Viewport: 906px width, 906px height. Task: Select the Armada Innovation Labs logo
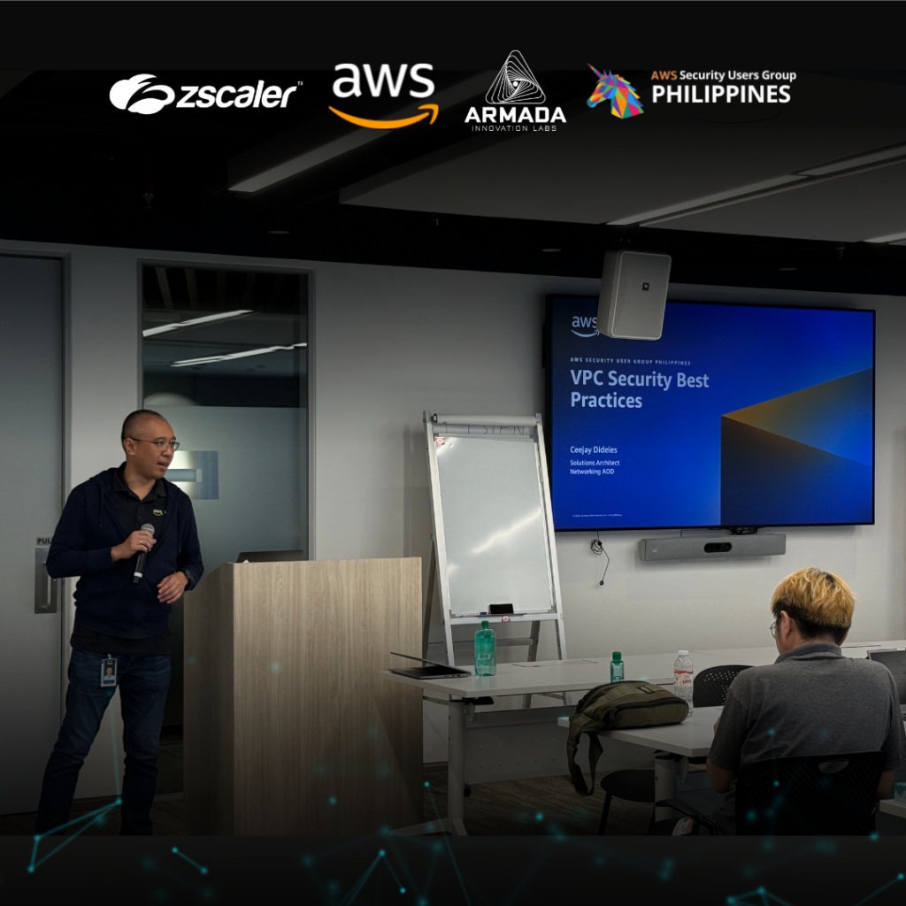point(515,93)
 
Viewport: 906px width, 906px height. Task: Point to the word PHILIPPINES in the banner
point(720,94)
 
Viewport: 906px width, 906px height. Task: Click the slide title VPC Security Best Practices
point(639,390)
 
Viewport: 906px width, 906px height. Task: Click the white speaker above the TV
point(633,294)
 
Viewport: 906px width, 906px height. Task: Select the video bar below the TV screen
point(712,547)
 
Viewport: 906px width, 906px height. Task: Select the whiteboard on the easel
point(494,522)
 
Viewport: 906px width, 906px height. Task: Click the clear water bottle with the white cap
point(683,677)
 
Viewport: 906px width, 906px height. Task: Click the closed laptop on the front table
point(430,672)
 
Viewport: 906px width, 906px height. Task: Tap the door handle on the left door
point(44,575)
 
